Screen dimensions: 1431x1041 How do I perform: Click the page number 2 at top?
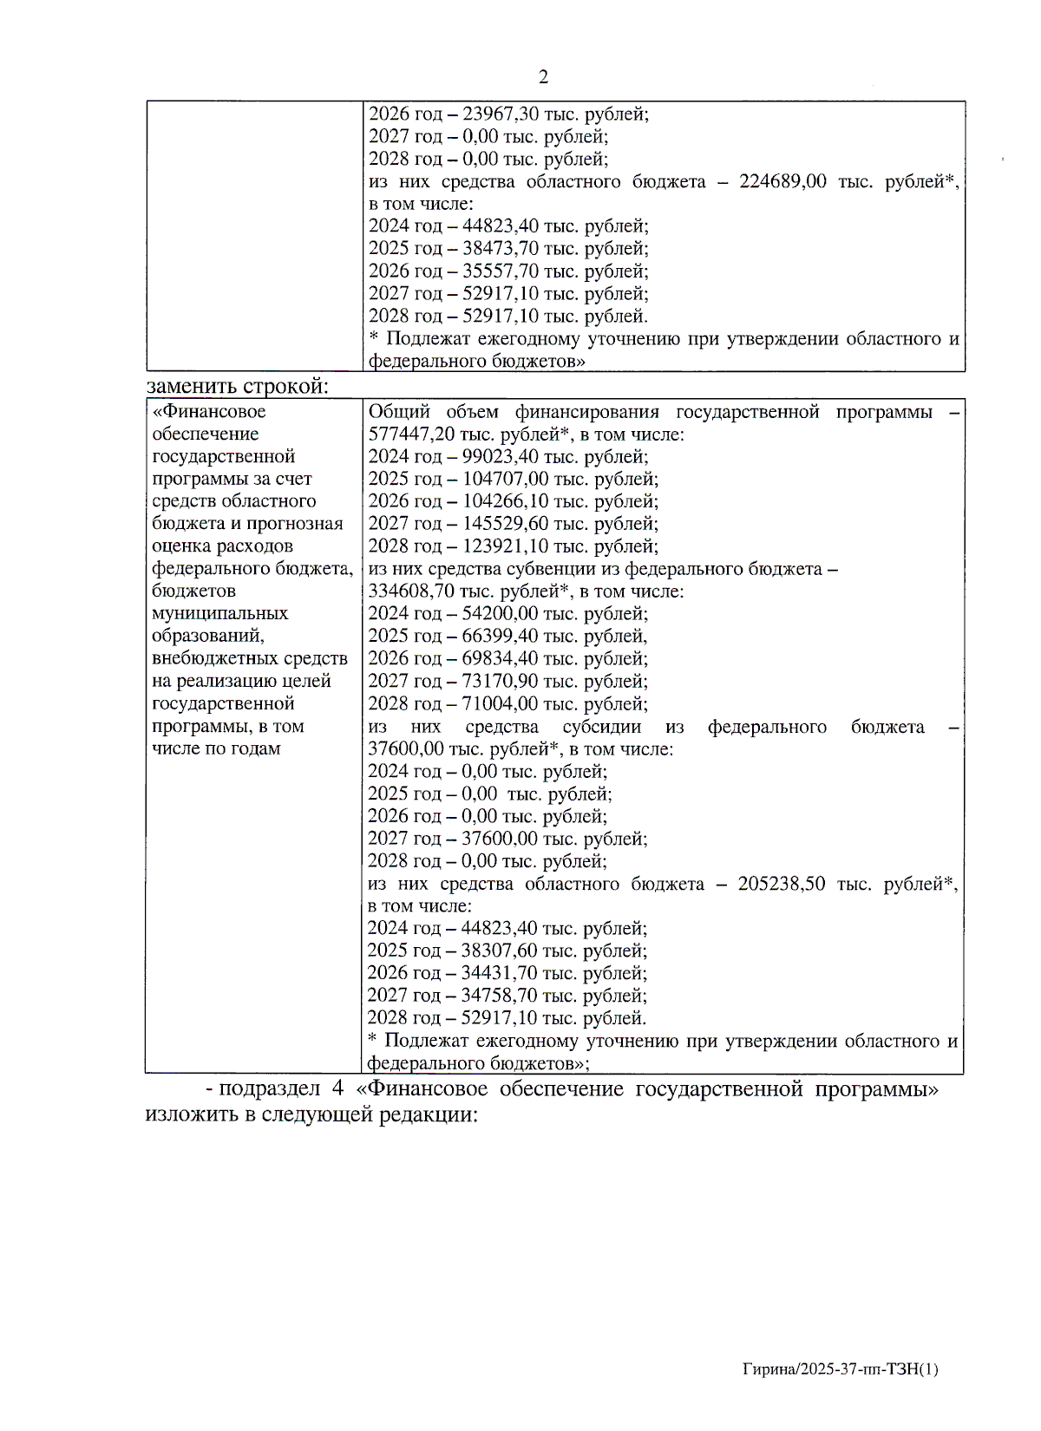coord(543,77)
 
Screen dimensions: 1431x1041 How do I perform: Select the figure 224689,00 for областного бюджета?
coord(782,181)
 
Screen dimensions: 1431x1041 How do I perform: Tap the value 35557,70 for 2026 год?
coord(501,271)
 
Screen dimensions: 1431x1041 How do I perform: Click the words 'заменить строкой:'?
coord(238,385)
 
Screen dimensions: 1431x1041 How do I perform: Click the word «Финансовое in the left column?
coord(209,411)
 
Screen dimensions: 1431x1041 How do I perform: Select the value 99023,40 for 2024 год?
coord(501,456)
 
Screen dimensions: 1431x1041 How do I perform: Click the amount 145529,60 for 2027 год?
coord(506,524)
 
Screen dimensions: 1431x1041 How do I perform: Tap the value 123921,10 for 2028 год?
coord(506,546)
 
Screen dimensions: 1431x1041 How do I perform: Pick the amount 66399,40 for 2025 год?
coord(501,636)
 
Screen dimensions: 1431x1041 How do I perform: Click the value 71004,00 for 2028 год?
coord(501,703)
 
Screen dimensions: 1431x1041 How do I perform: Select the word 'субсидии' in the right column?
coord(602,727)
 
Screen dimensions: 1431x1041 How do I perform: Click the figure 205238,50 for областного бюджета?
coord(782,884)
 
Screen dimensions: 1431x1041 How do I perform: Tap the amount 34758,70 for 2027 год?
coord(500,996)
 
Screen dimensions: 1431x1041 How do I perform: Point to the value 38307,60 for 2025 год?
coord(500,951)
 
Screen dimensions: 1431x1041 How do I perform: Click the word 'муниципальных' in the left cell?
coord(219,613)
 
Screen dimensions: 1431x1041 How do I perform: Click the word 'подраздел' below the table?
coord(269,1088)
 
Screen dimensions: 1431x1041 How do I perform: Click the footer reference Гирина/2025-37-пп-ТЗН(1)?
coord(840,1369)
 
